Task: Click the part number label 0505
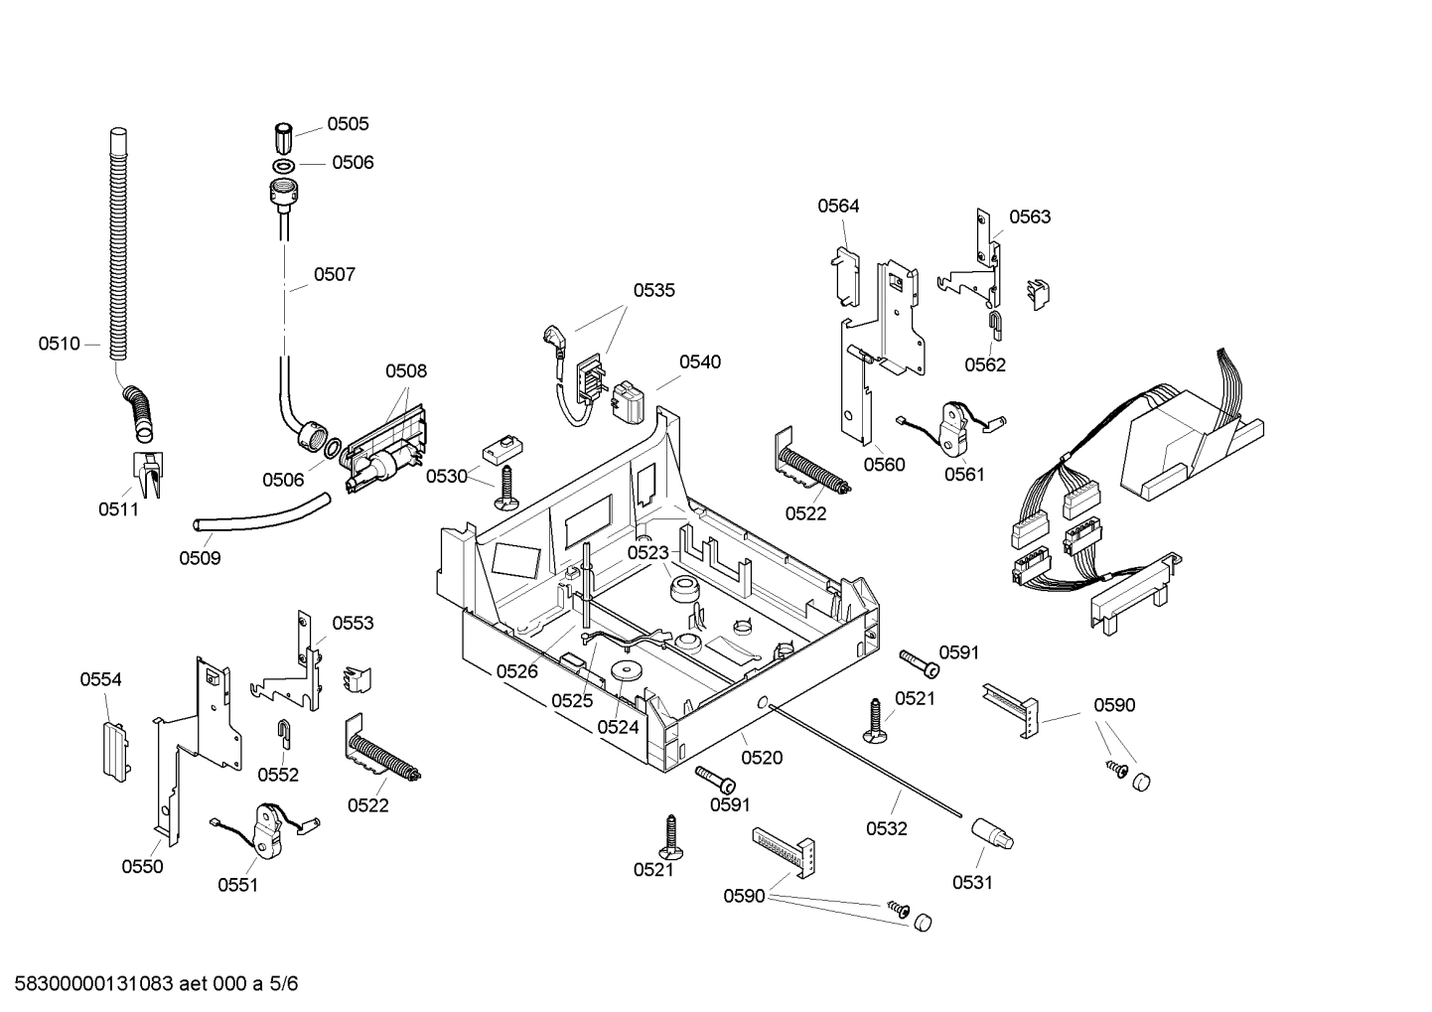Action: [x=348, y=124]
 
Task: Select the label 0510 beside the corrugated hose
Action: [x=59, y=344]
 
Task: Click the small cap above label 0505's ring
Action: [x=283, y=134]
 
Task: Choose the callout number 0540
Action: [x=700, y=362]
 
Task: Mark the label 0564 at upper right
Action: [x=838, y=207]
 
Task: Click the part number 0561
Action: [x=964, y=475]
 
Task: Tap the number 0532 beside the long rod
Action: [x=886, y=828]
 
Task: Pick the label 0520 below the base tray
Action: [x=762, y=758]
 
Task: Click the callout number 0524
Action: [x=618, y=727]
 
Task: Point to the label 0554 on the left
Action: [x=100, y=679]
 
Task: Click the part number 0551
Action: [x=237, y=885]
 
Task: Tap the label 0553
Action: [x=353, y=623]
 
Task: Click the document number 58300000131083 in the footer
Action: [x=88, y=984]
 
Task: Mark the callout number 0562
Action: [x=985, y=364]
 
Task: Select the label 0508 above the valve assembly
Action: [x=406, y=371]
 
